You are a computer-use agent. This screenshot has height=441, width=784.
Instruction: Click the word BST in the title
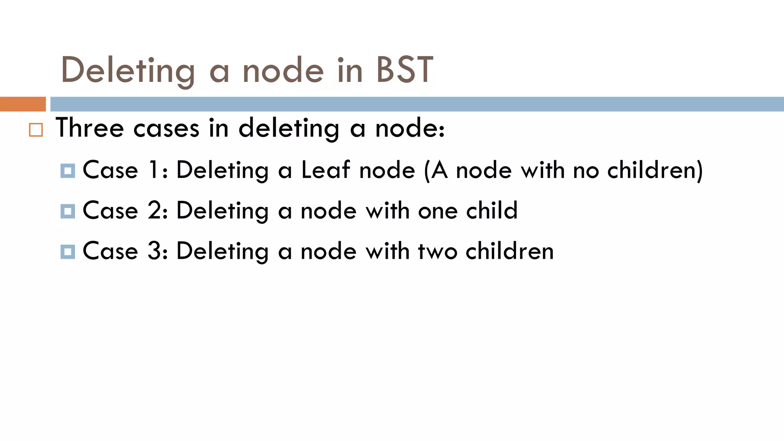404,70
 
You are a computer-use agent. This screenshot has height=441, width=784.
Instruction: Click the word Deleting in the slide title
128,70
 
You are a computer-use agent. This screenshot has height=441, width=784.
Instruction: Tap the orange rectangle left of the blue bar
23,104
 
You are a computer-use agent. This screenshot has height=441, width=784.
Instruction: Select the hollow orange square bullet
36,130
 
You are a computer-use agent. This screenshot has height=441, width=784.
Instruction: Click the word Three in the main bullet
90,127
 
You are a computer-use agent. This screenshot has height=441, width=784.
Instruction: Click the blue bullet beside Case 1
68,171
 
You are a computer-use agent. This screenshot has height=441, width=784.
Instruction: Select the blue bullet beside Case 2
68,211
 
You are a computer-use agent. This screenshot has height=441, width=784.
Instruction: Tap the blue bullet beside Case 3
68,252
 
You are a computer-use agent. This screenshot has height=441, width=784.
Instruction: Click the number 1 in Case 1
154,170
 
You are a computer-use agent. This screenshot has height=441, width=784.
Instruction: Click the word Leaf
325,170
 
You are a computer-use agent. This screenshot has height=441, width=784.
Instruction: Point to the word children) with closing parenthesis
655,170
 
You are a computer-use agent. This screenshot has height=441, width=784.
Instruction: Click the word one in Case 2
438,211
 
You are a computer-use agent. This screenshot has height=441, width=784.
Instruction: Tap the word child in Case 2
492,211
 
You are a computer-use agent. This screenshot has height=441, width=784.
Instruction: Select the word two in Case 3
437,251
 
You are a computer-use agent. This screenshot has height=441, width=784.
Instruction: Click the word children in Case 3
510,251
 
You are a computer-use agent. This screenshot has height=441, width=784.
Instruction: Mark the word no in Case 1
586,170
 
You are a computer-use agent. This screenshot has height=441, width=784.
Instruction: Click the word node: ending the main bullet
410,128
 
